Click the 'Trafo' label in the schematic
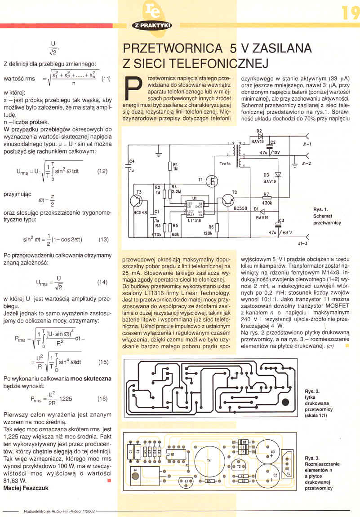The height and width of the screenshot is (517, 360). [x=225, y=164]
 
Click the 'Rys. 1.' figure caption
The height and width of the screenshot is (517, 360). [x=320, y=209]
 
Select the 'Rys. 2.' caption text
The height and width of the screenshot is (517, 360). [x=312, y=391]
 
